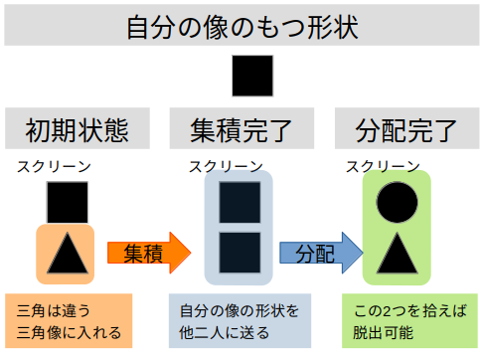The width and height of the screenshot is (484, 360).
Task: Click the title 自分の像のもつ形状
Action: tap(242, 27)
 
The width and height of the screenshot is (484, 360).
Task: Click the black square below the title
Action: tap(252, 76)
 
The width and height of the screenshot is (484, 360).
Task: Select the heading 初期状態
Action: tap(78, 130)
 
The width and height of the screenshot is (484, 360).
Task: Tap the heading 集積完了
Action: tap(241, 130)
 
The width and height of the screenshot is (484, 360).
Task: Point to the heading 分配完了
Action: tap(406, 130)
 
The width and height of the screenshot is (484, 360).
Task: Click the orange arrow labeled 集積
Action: tap(149, 253)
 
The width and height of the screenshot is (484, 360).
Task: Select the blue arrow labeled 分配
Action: tap(321, 253)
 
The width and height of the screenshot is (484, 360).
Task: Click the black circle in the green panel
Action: tap(397, 202)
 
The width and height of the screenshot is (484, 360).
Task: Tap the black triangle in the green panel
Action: tap(397, 253)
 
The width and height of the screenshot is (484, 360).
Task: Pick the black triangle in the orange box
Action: tap(68, 253)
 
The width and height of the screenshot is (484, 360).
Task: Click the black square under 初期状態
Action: tap(68, 202)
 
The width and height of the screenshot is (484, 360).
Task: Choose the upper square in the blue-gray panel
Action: tap(240, 202)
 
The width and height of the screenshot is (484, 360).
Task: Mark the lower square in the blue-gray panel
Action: tap(240, 253)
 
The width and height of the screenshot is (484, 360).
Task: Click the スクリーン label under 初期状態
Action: tap(54, 166)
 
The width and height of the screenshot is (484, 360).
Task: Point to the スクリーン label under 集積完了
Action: tap(226, 166)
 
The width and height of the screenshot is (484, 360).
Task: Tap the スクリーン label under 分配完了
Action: tap(383, 166)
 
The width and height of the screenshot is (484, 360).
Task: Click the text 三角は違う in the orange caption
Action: tap(54, 311)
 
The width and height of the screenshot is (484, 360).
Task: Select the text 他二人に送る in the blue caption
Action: tap(225, 333)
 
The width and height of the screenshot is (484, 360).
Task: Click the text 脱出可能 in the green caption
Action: tap(383, 332)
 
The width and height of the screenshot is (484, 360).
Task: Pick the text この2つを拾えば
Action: tap(410, 311)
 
